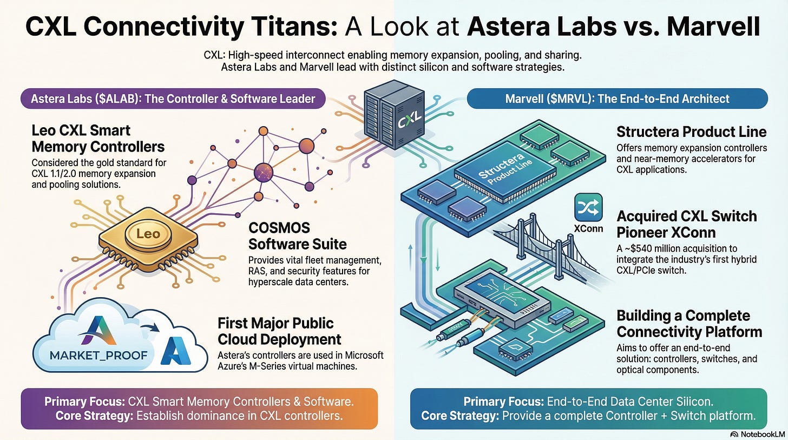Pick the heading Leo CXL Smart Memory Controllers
(98, 139)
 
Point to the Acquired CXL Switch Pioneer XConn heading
(687, 224)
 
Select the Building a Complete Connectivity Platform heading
(689, 324)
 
